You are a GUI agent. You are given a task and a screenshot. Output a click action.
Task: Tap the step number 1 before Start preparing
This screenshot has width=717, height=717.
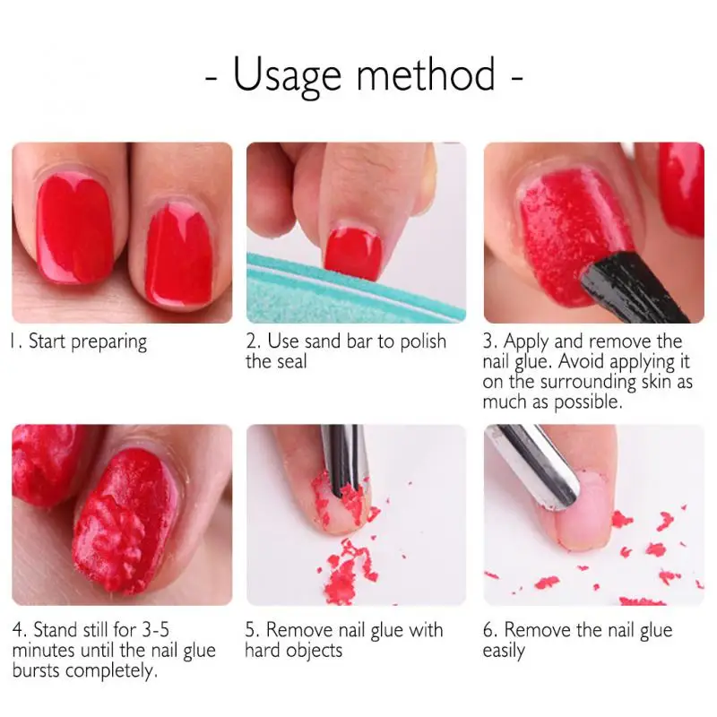pyautogui.click(x=16, y=341)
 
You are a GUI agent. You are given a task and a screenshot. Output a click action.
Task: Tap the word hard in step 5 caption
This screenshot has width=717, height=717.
pyautogui.click(x=263, y=650)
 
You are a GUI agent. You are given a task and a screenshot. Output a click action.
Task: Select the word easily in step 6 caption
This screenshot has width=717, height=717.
pyautogui.click(x=503, y=651)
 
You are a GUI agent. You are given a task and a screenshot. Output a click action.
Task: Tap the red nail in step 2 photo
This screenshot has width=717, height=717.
pyautogui.click(x=353, y=248)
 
